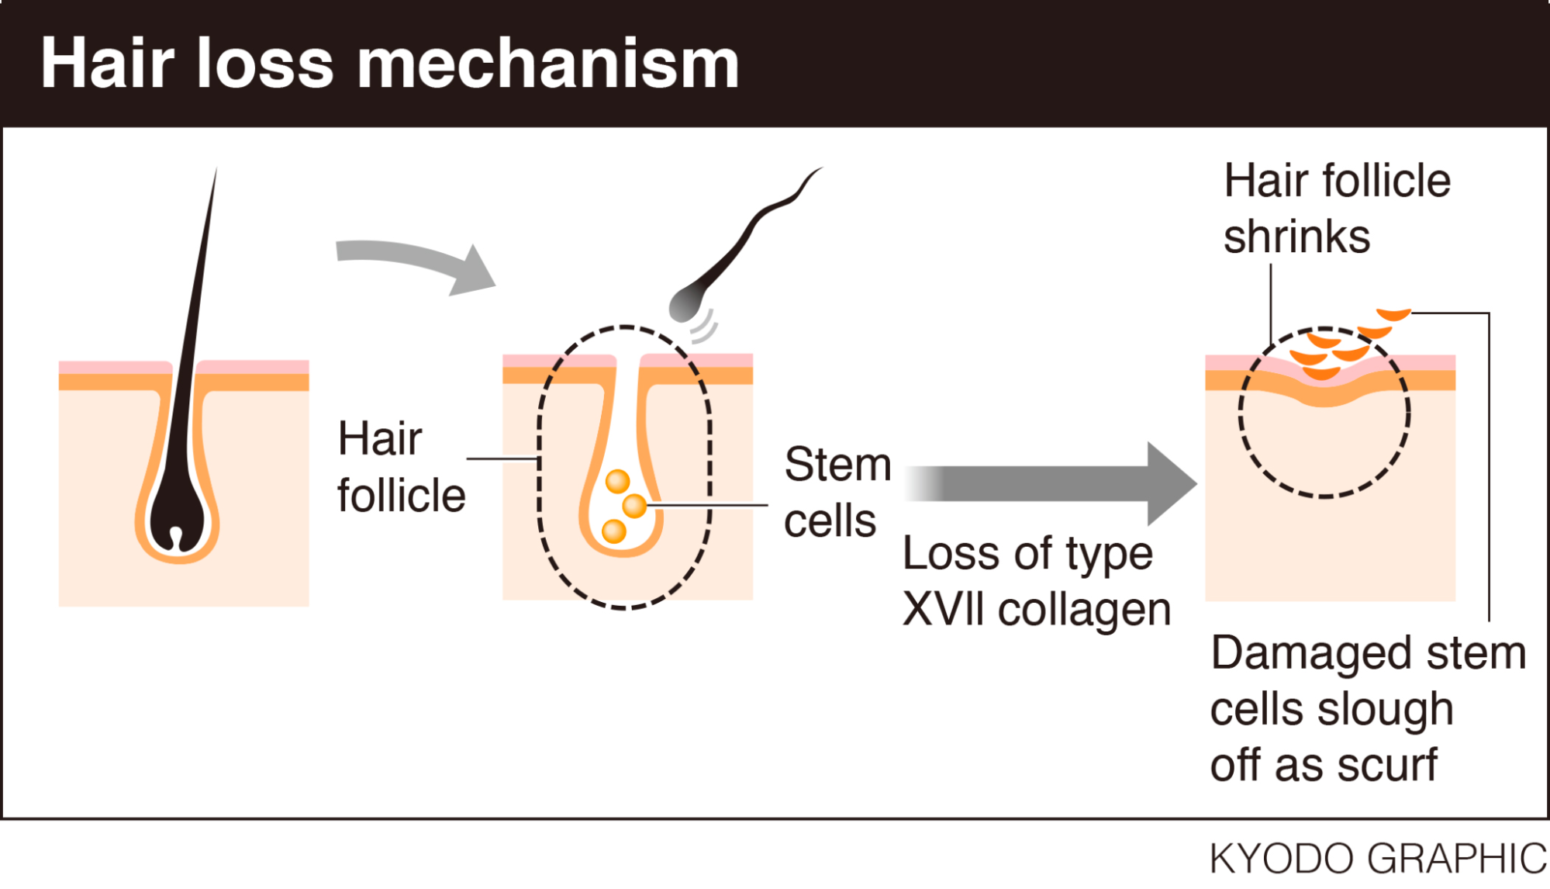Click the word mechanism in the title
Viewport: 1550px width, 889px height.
[x=547, y=64]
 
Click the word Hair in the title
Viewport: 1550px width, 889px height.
[x=107, y=64]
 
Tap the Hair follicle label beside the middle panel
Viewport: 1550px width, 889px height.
[x=400, y=467]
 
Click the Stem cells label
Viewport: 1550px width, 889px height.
[x=836, y=492]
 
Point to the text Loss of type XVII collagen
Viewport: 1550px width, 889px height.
[x=1035, y=582]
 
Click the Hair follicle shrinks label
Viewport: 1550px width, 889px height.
[x=1335, y=208]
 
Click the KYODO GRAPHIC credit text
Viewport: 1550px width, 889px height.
[x=1377, y=859]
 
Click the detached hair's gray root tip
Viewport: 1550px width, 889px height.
[x=684, y=304]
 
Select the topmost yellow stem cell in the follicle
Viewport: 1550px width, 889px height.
[x=618, y=481]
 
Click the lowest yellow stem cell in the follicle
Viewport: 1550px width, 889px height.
[x=614, y=531]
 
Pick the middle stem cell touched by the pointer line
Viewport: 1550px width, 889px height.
[x=634, y=506]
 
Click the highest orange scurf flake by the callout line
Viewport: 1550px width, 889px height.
[x=1393, y=313]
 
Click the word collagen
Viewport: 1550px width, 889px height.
[x=1084, y=610]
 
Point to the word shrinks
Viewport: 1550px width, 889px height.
[x=1296, y=237]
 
